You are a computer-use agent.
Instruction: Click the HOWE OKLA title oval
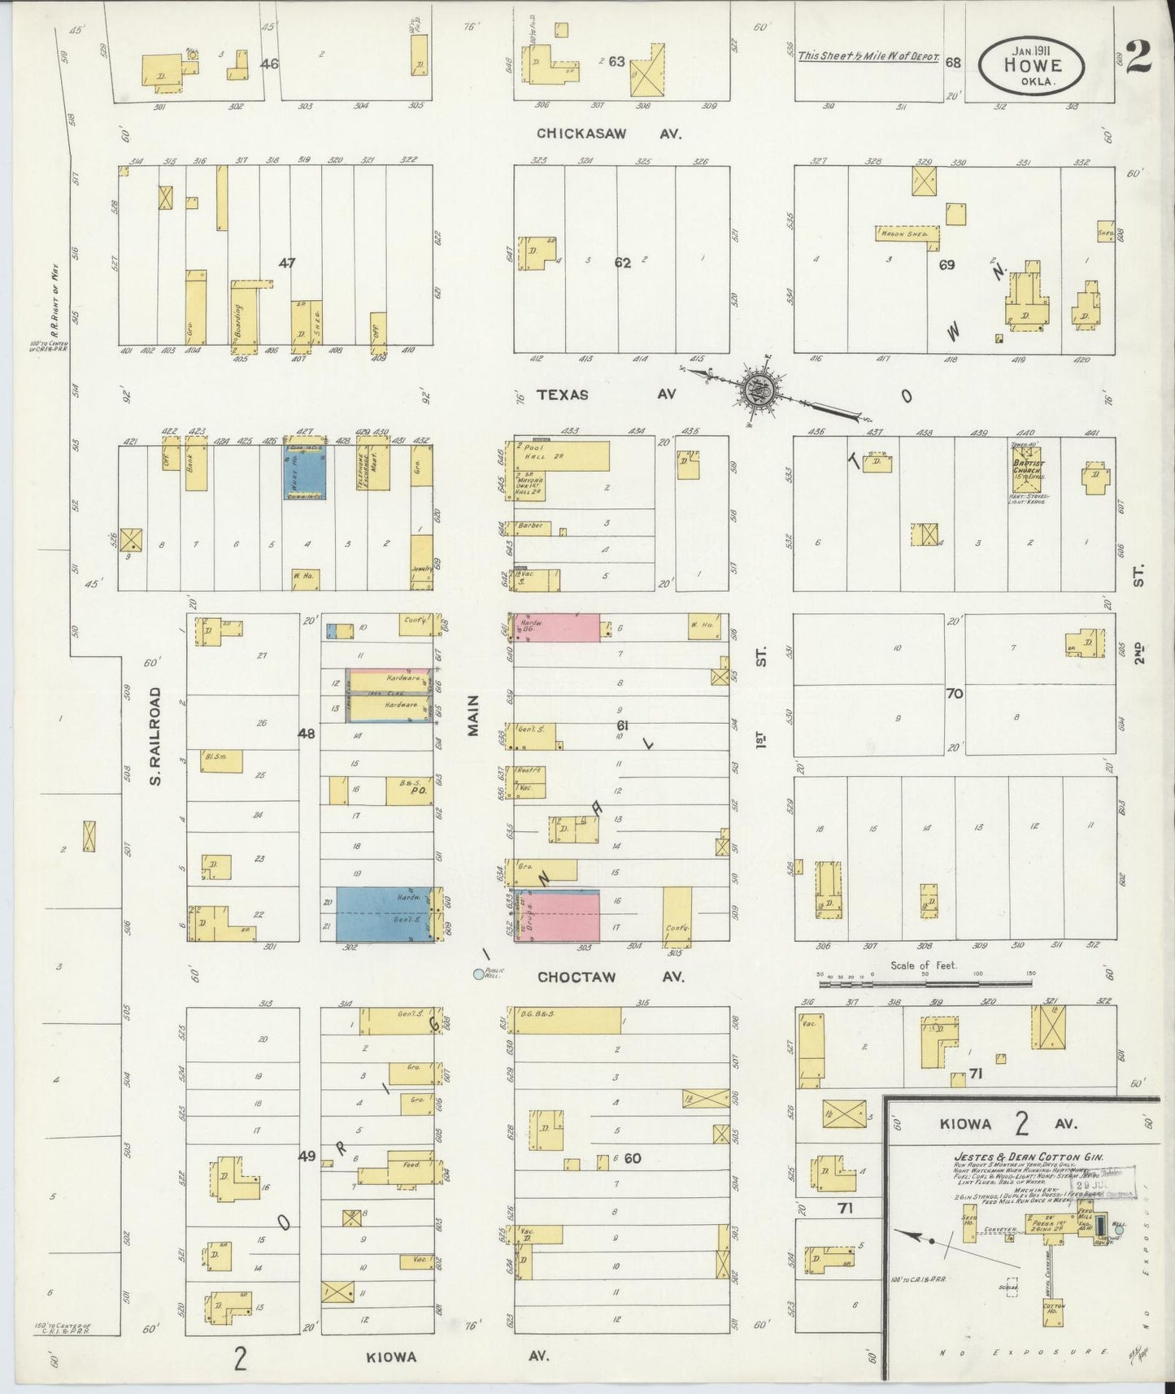point(1032,66)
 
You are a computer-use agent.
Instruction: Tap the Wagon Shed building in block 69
point(907,233)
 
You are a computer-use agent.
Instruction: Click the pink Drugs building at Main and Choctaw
point(559,917)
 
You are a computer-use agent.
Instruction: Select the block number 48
point(307,733)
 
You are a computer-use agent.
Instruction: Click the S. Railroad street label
point(156,737)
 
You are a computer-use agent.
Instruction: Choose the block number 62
point(623,263)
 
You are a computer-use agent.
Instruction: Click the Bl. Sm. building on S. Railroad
point(215,759)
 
